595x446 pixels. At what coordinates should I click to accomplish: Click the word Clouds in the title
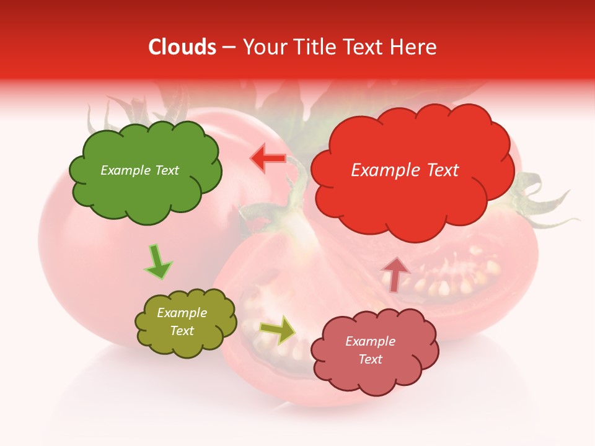pos(182,47)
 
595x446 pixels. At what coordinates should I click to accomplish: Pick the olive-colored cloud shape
pos(185,322)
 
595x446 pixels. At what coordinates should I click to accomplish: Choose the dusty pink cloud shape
pos(374,351)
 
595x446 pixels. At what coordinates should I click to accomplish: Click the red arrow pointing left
pos(268,159)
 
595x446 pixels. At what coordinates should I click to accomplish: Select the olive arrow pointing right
pos(278,330)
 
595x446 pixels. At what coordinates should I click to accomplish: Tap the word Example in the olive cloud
pos(182,313)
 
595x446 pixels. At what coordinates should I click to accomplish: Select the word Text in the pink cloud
pos(370,359)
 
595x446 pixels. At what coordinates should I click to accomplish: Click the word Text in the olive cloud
pos(182,331)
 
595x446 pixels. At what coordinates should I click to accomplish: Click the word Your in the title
pos(263,47)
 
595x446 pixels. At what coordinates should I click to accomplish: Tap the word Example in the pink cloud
pos(370,341)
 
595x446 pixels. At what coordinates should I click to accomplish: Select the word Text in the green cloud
pos(166,170)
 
